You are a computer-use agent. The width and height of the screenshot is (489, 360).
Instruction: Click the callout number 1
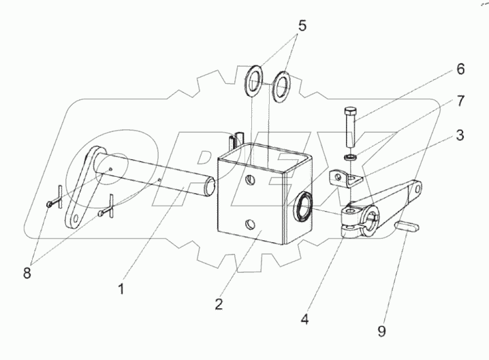122,289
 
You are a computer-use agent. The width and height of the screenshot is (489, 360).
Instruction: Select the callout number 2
219,304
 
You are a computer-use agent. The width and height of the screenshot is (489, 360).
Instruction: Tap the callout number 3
460,135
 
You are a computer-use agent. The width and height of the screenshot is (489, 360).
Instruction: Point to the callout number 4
304,319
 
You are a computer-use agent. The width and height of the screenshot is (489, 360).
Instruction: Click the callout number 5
302,26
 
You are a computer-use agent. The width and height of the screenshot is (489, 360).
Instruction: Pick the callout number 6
460,69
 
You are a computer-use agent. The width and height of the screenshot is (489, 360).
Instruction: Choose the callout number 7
460,101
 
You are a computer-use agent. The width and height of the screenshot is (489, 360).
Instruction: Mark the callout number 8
27,274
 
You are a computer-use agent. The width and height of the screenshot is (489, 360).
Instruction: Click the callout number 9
381,331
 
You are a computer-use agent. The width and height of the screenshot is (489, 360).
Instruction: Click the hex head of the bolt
349,112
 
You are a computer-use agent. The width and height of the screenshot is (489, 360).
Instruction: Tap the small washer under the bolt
351,157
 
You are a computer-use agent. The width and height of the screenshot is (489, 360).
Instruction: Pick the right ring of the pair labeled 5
281,87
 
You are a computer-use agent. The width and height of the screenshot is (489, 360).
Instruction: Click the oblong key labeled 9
407,226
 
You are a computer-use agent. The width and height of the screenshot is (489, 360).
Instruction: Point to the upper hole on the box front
250,180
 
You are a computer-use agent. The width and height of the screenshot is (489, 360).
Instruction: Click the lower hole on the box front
250,224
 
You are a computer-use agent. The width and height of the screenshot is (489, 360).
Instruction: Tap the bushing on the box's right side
302,208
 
